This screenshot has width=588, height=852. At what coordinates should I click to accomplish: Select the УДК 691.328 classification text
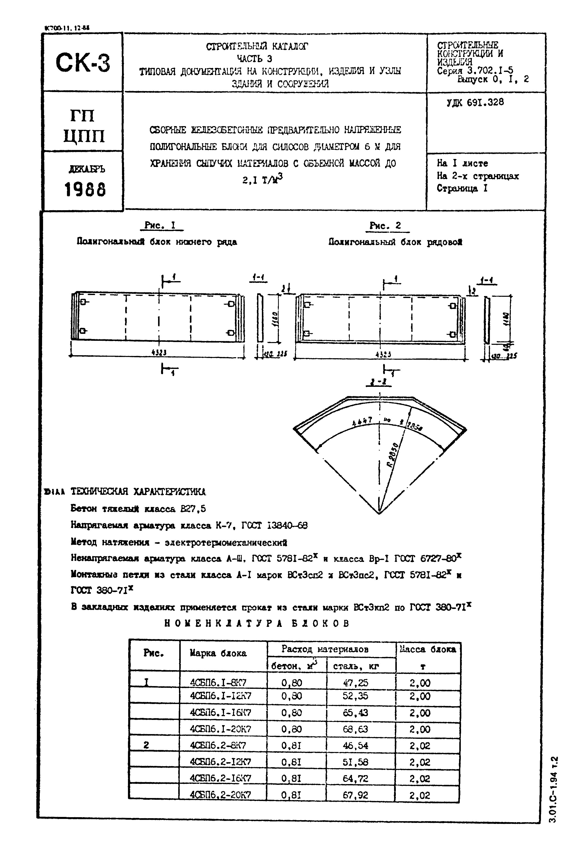click(475, 102)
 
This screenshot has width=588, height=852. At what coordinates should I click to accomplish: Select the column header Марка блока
click(218, 653)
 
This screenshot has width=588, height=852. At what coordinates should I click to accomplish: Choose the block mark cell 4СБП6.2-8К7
click(220, 745)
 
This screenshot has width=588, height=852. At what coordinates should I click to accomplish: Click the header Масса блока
click(428, 649)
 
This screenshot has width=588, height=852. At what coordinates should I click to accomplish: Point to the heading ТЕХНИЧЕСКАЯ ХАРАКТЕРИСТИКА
click(138, 492)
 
